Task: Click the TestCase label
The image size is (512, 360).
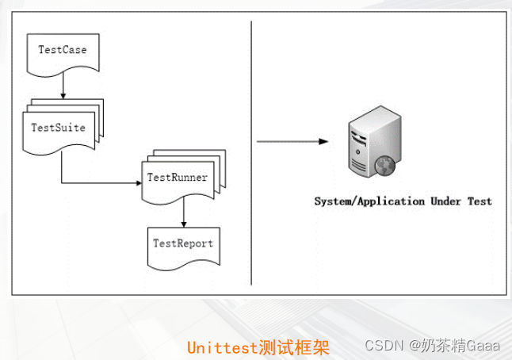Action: (x=63, y=49)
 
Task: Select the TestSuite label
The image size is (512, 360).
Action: (x=58, y=126)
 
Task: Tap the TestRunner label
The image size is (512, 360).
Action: (x=178, y=177)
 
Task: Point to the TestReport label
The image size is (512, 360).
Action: (x=183, y=243)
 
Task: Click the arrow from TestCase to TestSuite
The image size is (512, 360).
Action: (x=63, y=87)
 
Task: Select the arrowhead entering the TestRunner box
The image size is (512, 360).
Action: (x=138, y=182)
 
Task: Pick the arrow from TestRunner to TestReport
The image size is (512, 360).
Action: (x=183, y=213)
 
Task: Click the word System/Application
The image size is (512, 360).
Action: (x=369, y=201)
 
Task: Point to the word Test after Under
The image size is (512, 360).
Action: (x=480, y=201)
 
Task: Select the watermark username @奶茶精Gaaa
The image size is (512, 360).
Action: (x=456, y=347)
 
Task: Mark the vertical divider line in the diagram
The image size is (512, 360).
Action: (x=251, y=151)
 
